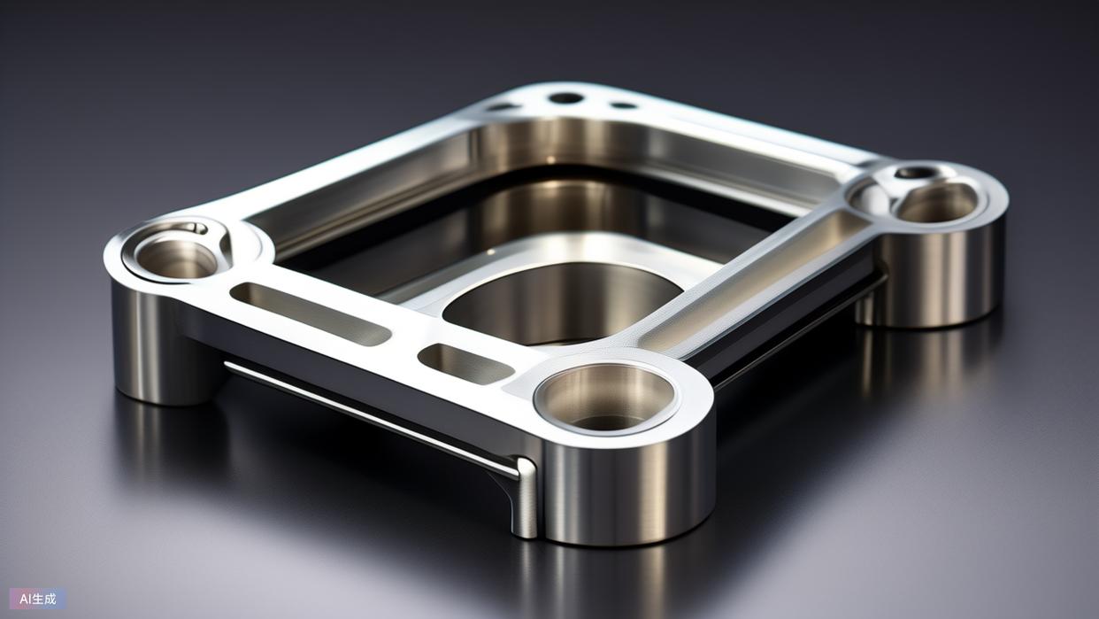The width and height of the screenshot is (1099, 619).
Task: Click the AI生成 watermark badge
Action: point(38,599)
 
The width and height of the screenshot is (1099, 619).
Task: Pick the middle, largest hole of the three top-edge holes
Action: point(565,98)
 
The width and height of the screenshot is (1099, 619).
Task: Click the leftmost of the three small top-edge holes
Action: point(501,107)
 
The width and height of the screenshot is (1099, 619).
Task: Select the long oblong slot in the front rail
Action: point(310,314)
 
